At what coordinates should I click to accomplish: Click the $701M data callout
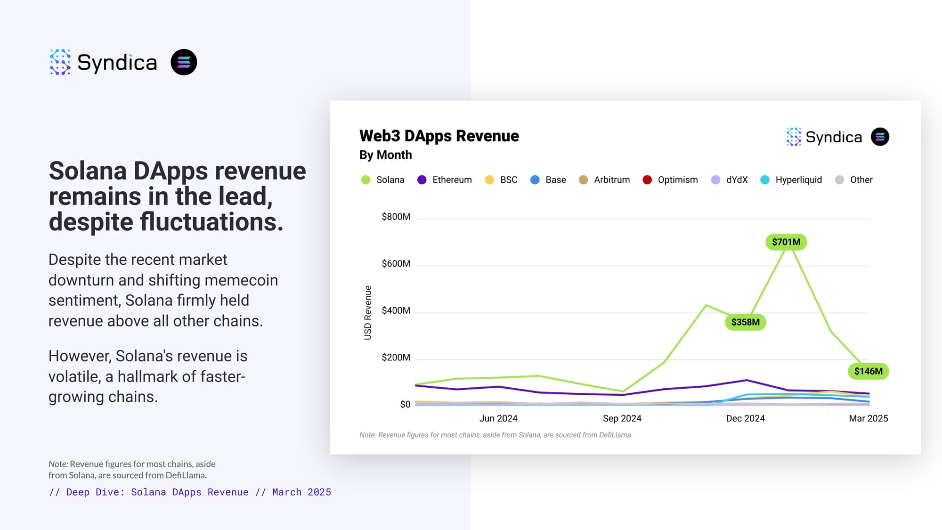786,242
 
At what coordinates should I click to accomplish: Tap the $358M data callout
745,322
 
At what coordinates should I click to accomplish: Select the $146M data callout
869,371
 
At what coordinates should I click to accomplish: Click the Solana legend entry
382,180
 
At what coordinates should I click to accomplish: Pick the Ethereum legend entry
444,180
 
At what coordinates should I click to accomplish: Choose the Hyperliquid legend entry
791,180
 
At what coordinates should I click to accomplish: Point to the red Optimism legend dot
647,180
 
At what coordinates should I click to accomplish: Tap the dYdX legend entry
729,180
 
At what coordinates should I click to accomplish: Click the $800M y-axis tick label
396,217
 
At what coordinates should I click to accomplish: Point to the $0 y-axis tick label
405,404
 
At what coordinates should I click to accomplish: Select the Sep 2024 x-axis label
622,418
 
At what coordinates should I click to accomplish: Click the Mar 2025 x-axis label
868,418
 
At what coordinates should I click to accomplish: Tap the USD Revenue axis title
368,313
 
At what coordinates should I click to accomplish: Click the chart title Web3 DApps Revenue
439,136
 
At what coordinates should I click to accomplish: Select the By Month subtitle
385,155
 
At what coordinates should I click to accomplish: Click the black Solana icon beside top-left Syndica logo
184,62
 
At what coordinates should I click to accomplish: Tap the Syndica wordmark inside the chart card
834,137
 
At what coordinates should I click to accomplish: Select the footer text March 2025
301,492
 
